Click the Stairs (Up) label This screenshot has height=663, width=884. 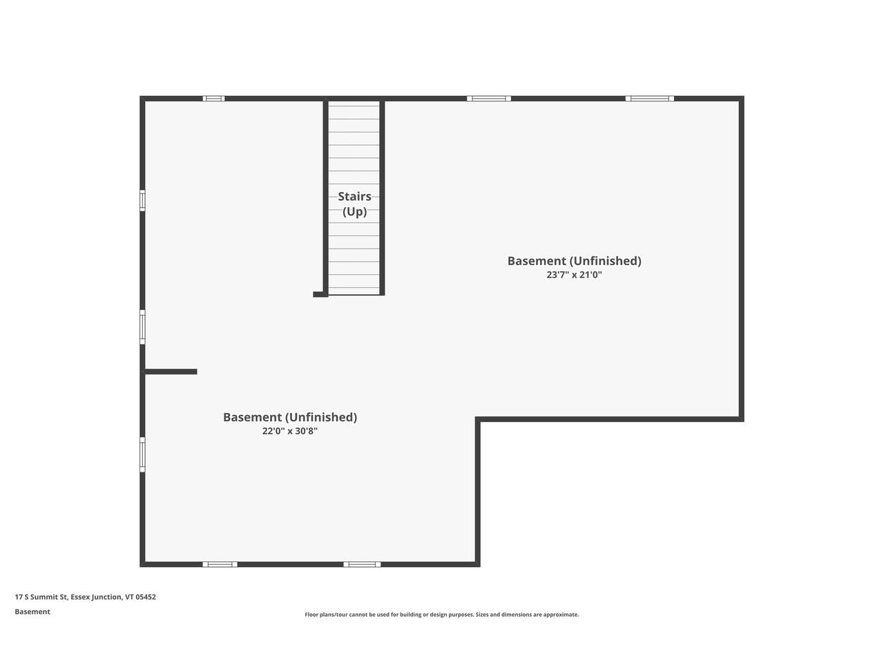pyautogui.click(x=354, y=204)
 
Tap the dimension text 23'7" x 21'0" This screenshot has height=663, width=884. pyautogui.click(x=574, y=275)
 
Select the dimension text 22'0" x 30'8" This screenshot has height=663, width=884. pyautogui.click(x=289, y=432)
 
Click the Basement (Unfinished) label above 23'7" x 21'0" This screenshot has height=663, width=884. pyautogui.click(x=574, y=261)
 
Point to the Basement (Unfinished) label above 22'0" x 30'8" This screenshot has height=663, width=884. pyautogui.click(x=289, y=417)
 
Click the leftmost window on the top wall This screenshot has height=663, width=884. pyautogui.click(x=213, y=99)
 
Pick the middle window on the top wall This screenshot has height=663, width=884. pyautogui.click(x=489, y=99)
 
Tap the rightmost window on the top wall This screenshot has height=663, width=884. pyautogui.click(x=649, y=99)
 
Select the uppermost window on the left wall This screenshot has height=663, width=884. pyautogui.click(x=142, y=200)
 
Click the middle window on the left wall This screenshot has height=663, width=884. pyautogui.click(x=142, y=327)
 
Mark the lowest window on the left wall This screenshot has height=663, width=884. pyautogui.click(x=142, y=454)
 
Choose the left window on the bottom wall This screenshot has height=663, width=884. pyautogui.click(x=220, y=564)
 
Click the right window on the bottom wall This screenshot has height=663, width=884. pyautogui.click(x=362, y=564)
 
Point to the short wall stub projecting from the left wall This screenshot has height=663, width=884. pyautogui.click(x=171, y=372)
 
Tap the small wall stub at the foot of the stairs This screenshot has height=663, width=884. pyautogui.click(x=320, y=294)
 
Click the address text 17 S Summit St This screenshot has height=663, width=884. pyautogui.click(x=41, y=597)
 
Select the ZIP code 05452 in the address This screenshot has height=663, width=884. pyautogui.click(x=146, y=597)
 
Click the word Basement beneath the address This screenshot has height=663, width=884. pyautogui.click(x=32, y=612)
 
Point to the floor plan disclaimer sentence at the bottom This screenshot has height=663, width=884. pyautogui.click(x=442, y=615)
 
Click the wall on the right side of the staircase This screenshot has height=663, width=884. pyautogui.click(x=382, y=197)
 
